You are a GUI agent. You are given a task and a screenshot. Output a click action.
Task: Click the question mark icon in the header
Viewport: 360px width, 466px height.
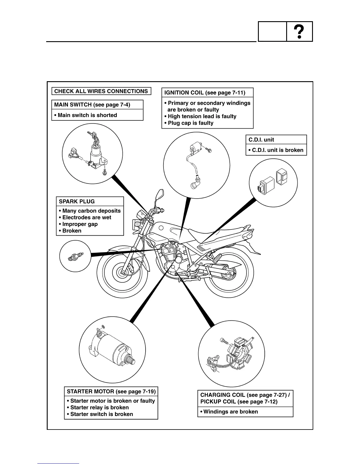299,31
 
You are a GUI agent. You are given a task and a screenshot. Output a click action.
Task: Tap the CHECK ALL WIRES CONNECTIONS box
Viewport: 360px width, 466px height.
101,91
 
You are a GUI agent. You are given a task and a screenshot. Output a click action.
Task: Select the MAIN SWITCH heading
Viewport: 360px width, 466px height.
92,105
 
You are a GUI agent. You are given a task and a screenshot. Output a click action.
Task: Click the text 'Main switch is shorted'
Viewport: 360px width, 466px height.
87,115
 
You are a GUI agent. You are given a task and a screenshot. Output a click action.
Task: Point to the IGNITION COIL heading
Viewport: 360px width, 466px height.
205,93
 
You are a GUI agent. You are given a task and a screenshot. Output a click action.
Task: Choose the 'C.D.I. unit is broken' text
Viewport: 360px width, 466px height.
277,150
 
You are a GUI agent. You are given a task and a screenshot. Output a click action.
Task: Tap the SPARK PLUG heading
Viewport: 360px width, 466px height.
77,202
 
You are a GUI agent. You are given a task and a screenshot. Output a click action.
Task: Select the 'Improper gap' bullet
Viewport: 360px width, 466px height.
80,224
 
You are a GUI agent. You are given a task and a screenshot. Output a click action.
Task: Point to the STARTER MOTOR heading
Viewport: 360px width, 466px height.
111,392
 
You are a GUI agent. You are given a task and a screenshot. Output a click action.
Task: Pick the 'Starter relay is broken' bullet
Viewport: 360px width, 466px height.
99,407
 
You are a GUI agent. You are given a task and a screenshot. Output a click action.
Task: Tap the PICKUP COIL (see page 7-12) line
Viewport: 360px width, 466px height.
239,402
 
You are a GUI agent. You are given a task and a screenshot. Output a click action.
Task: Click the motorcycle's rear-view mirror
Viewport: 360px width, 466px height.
160,194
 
